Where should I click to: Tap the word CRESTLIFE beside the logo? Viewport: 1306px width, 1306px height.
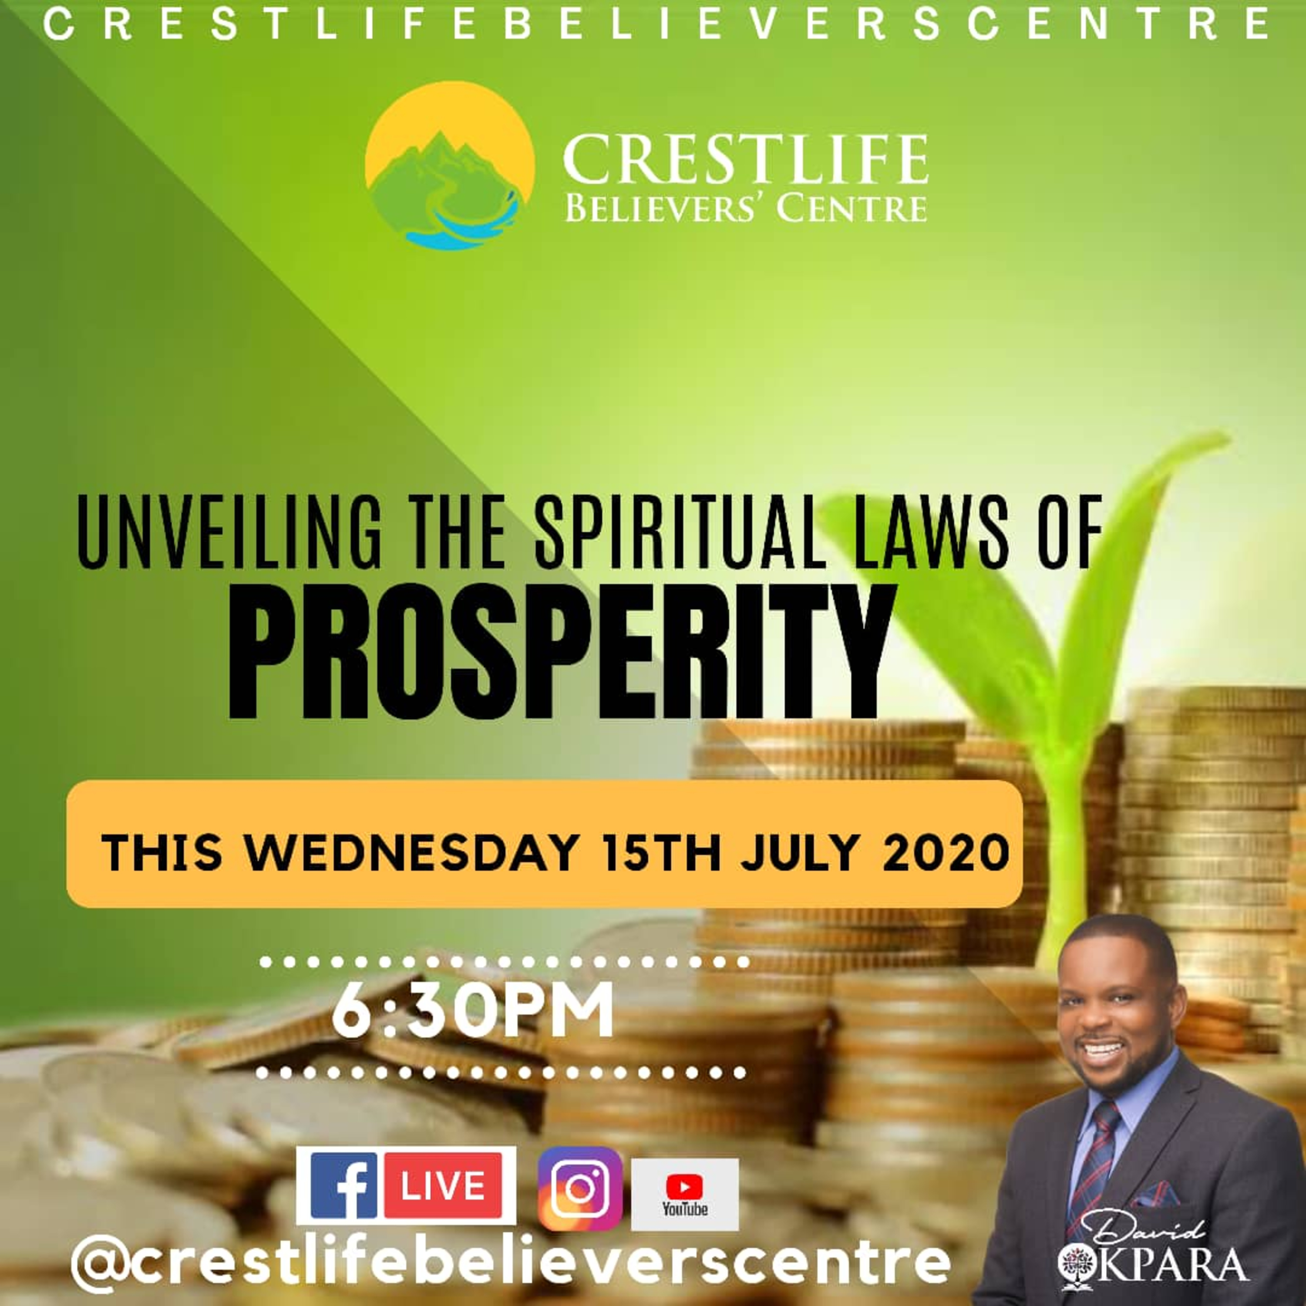tap(746, 159)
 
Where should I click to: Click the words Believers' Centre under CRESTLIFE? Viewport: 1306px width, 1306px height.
tap(746, 208)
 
